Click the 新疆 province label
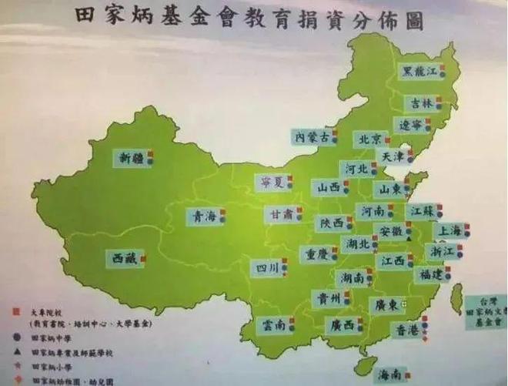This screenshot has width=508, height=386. coord(131,158)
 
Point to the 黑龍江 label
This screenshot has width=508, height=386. coord(421,72)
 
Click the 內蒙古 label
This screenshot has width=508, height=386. coord(312,136)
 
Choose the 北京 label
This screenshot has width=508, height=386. coord(368,139)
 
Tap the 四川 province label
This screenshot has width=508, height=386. coord(267,268)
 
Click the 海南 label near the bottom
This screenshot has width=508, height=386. coord(391,375)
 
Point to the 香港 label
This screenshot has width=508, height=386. coord(406,331)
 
